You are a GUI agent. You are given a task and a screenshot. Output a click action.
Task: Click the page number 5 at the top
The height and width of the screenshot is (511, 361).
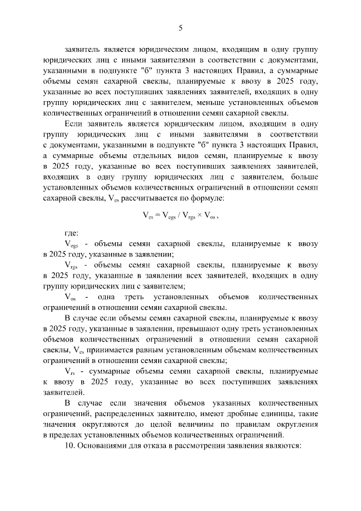pyautogui.click(x=180, y=28)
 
